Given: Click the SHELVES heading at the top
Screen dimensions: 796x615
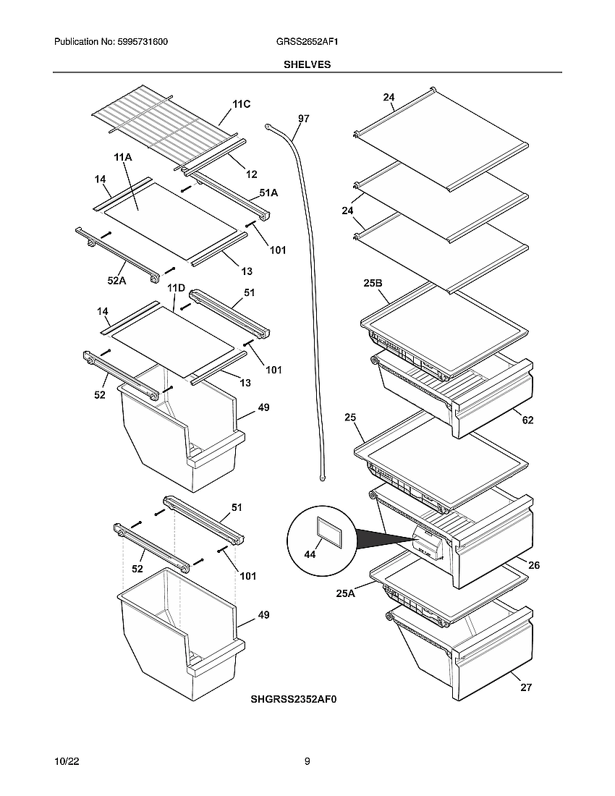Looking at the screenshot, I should point(307,64).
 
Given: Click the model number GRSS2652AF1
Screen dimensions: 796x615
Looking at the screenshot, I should point(307,43).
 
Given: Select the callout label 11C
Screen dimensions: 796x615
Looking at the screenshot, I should point(242,104).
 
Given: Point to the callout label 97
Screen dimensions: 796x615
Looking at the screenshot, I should point(303,119).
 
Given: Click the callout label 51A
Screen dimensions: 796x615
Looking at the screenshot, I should point(268,193).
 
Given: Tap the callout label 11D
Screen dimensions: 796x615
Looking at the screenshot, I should point(177,288).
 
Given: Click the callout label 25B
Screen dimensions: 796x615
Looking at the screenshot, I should point(373,283).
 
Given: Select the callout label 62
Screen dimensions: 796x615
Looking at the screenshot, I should point(528,420).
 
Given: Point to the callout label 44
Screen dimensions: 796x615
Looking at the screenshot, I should point(310,554).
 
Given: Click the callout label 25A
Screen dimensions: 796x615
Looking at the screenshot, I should point(345,593).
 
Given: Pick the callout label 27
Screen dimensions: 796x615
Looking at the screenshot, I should point(526,687).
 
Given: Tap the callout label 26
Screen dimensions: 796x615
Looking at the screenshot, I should point(533,565).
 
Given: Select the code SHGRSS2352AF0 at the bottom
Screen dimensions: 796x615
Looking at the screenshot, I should point(294,699).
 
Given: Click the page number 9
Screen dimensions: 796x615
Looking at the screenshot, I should point(307,761).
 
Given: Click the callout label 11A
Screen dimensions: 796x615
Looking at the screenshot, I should point(122,157).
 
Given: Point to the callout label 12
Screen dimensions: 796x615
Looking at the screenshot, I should point(251,174).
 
